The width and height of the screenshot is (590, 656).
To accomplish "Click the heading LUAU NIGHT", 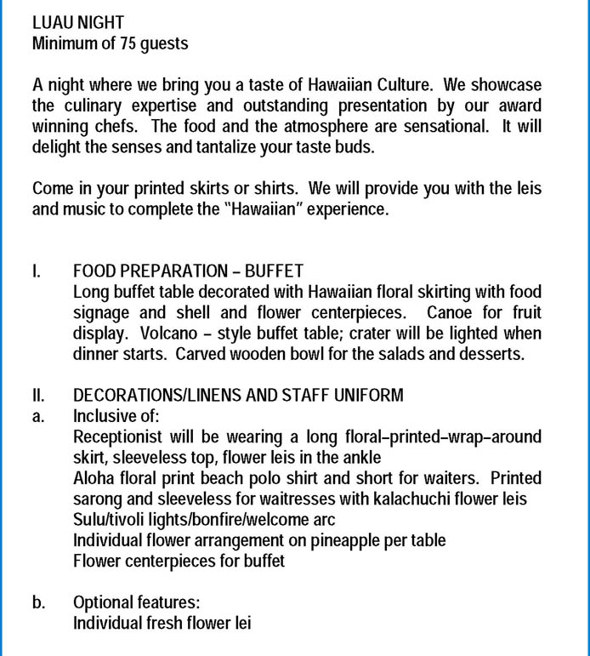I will (78, 23).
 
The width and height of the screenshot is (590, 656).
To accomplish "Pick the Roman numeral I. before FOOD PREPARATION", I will (36, 271).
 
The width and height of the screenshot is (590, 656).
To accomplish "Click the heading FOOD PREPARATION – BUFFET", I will (188, 271).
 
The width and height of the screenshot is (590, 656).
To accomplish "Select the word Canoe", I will (451, 313).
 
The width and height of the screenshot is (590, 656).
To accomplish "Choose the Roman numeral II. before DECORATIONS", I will (38, 396).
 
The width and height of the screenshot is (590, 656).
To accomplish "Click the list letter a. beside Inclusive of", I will (38, 416).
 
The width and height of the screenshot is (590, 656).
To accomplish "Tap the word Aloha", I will (94, 478).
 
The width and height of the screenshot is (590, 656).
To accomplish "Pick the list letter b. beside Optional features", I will (38, 602).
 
